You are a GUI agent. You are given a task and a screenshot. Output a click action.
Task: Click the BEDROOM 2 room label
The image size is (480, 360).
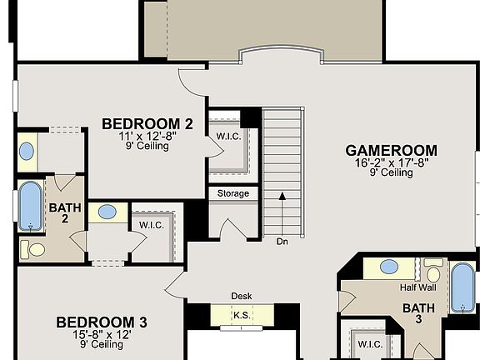click(147, 124)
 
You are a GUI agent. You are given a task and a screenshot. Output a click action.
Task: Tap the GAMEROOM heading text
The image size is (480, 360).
click(391, 151)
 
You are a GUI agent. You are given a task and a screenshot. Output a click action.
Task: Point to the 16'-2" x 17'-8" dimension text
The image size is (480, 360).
click(391, 163)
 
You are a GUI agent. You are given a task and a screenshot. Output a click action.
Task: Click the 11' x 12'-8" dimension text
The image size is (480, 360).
click(147, 136)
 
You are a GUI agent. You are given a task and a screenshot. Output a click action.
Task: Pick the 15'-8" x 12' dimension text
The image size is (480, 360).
click(102, 333)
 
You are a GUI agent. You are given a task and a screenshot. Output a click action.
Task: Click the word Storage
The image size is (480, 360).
click(233, 193)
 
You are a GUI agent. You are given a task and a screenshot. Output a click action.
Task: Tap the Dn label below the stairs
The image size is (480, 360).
click(282, 241)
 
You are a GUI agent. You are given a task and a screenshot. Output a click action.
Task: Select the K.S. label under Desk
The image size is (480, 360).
click(242, 315)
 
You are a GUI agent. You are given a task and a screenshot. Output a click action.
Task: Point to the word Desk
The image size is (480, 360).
click(242, 296)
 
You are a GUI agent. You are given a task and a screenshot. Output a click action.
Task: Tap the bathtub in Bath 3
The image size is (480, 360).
click(462, 287)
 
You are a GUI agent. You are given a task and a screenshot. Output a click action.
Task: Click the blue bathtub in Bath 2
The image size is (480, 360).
click(31, 206)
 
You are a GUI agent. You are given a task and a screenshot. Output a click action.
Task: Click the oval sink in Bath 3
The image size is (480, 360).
click(388, 267)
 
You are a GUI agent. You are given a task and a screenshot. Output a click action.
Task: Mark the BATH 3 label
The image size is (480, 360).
click(418, 313)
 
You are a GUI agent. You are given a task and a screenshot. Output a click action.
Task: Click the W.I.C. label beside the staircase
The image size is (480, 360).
click(227, 136)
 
